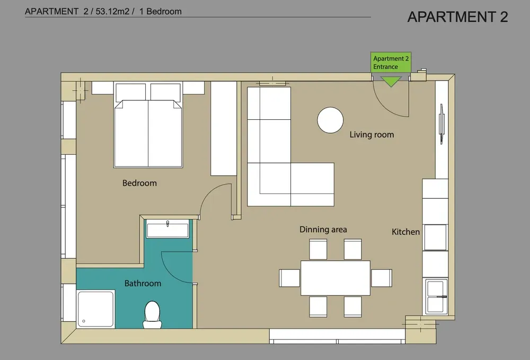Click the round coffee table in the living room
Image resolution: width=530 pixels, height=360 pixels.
click(330, 120)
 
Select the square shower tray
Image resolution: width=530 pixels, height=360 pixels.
click(95, 309)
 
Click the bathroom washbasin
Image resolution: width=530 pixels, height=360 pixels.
click(167, 229)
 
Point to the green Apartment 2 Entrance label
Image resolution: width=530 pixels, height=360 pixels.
click(391, 63)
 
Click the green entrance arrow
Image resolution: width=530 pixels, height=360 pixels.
click(391, 82)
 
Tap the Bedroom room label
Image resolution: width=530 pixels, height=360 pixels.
click(139, 183)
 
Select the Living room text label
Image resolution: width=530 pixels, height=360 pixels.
click(372, 135)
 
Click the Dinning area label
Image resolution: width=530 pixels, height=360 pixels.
click(323, 230)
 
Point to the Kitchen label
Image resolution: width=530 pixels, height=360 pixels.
click(405, 232)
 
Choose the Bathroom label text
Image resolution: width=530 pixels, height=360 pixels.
click(143, 283)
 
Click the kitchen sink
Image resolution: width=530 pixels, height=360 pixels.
click(436, 296)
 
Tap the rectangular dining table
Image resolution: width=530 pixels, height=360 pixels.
click(335, 278)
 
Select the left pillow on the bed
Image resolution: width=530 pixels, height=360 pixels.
click(131, 92)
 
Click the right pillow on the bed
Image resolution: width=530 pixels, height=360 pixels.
click(165, 92)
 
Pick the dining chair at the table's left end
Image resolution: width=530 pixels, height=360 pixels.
click(290, 278)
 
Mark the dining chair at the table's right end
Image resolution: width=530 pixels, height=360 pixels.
click(381, 278)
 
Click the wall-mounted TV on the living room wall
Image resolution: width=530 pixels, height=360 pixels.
click(441, 124)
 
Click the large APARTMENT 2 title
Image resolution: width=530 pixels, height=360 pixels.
click(458, 17)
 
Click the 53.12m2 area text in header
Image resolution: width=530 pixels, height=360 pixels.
click(112, 12)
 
